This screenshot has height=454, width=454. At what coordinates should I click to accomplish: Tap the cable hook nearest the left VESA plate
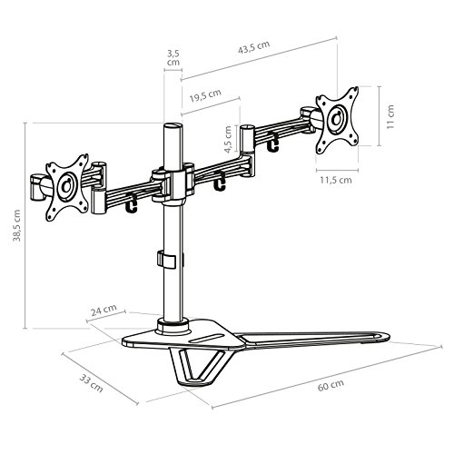(x=133, y=205)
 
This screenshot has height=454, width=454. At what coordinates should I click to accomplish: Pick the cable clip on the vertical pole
(x=164, y=260)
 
